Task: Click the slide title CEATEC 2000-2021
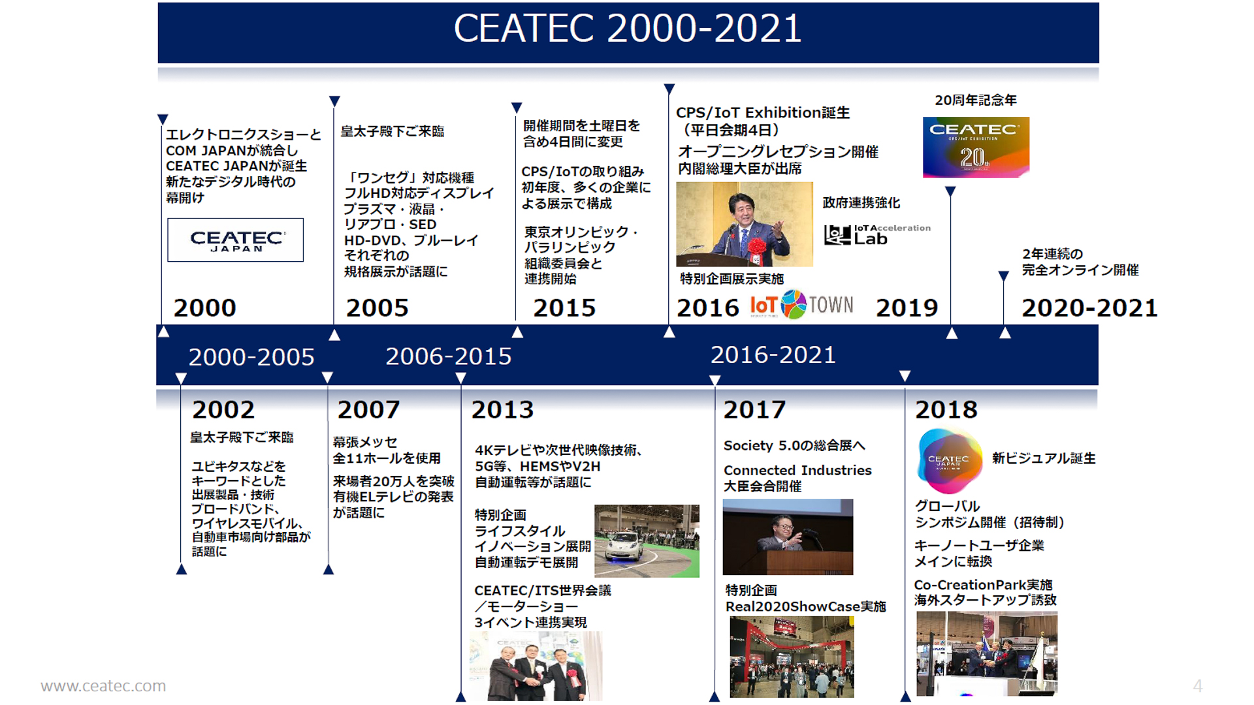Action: (627, 29)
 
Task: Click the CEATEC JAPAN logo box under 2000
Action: (235, 240)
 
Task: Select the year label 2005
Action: (377, 308)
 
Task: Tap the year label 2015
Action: (564, 308)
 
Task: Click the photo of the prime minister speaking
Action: (744, 224)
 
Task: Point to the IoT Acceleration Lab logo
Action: (876, 234)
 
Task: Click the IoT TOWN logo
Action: (801, 305)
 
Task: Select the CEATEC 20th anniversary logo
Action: (976, 147)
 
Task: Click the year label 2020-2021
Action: (1089, 308)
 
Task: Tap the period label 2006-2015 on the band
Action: (448, 356)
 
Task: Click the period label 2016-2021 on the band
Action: (773, 355)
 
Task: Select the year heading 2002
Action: (223, 410)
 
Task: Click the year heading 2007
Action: (368, 410)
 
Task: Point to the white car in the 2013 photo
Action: (624, 545)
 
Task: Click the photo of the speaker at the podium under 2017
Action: (788, 537)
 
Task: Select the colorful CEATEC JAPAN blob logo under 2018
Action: (949, 461)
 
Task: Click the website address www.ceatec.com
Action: (103, 686)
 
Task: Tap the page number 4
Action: (1197, 686)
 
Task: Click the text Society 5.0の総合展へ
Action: (794, 446)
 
